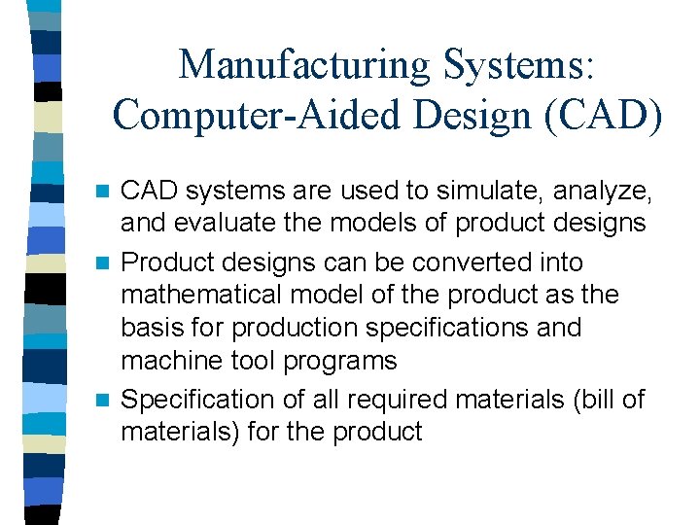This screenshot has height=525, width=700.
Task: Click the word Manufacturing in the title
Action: point(304,65)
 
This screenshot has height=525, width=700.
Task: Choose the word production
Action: point(305,329)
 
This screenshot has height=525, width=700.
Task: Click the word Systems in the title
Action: point(518,65)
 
